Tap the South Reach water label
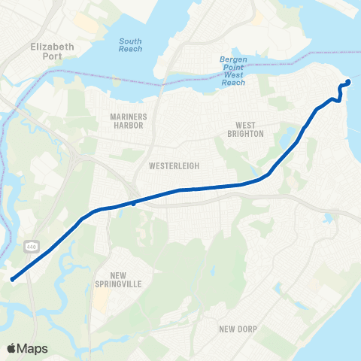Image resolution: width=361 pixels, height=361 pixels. (x=130, y=44)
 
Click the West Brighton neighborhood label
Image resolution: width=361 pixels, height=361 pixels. (x=250, y=129)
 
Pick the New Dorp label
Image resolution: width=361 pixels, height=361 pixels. (x=238, y=329)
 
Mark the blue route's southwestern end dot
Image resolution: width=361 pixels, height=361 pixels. (x=13, y=280)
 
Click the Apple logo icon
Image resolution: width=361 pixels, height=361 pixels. (x=12, y=348)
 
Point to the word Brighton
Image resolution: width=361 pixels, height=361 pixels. (x=250, y=134)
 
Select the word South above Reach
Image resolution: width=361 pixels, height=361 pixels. (x=130, y=40)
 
